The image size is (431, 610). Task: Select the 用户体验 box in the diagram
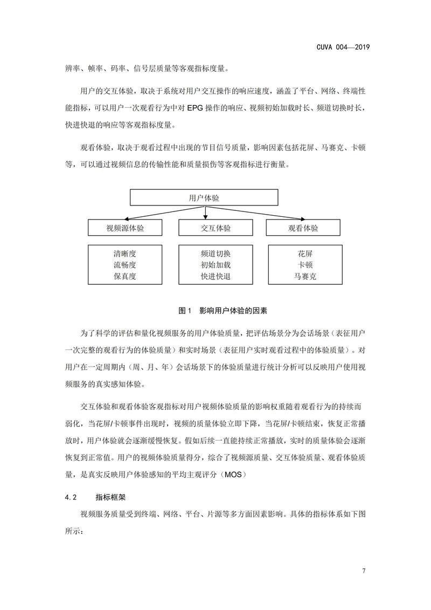204,198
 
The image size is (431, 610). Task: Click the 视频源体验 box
125,228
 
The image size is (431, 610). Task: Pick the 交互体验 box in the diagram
212,228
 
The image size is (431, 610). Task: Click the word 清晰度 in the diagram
125,253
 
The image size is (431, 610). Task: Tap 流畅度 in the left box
125,265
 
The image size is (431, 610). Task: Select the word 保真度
125,277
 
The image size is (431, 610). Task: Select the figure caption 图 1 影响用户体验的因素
222,311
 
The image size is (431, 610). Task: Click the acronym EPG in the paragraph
196,108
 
